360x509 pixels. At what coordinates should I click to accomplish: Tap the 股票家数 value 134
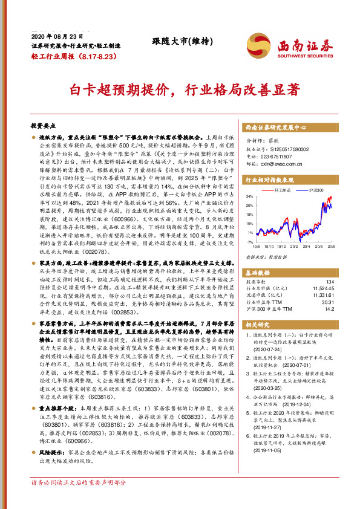tap(329, 282)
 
